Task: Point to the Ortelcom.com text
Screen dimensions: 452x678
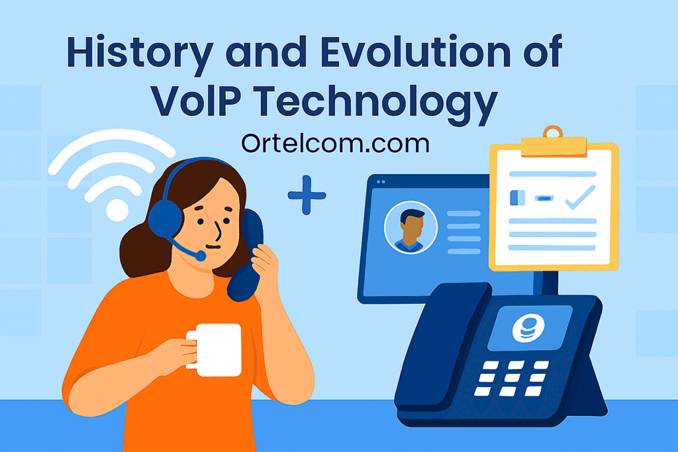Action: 335,144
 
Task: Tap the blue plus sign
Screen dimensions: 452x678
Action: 307,195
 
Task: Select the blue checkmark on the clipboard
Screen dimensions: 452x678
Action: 580,197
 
